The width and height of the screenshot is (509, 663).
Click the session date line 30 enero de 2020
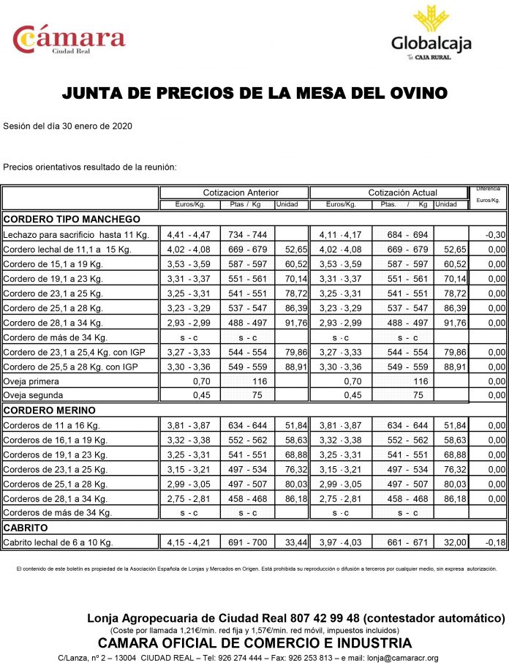point(67,126)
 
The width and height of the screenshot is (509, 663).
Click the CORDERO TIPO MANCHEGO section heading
point(72,219)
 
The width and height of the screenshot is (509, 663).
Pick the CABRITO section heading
point(26,527)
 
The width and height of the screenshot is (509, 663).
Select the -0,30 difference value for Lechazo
point(495,235)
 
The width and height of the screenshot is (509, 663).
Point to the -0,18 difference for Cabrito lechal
point(495,543)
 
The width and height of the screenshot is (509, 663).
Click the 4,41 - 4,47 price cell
point(189,235)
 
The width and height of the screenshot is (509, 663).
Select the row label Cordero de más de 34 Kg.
point(56,337)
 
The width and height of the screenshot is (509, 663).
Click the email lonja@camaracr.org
point(404,658)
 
